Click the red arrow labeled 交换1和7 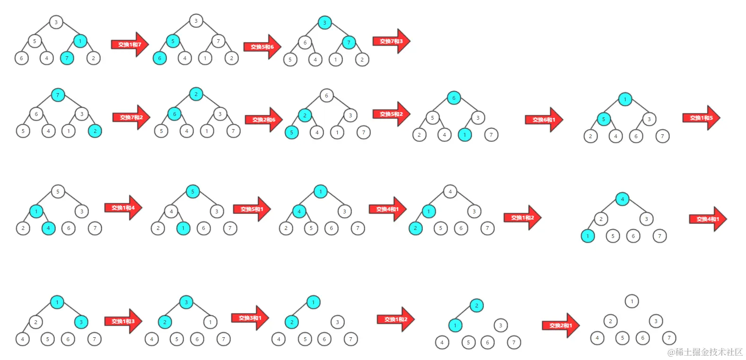130,44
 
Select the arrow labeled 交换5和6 262,47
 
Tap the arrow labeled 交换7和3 391,41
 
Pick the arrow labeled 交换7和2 131,117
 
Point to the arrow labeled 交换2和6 263,120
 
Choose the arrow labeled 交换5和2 391,114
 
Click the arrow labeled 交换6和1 544,120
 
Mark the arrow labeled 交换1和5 701,118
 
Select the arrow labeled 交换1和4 123,208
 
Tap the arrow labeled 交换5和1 252,209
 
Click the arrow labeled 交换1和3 123,321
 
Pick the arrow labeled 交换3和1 250,318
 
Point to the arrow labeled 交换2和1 561,325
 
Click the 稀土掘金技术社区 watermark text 705,352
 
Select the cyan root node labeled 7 58,95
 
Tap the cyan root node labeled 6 454,98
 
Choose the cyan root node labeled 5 193,192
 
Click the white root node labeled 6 326,96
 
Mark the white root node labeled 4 450,192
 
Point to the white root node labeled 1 632,301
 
